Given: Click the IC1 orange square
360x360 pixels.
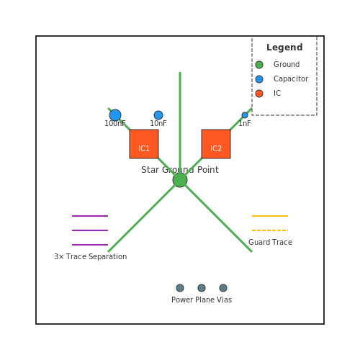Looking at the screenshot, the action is pos(144,144).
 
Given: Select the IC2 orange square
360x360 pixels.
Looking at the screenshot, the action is pos(216,144).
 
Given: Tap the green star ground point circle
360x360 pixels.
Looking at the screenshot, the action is pos(180,180).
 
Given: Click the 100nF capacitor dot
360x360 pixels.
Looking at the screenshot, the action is pos(115,115).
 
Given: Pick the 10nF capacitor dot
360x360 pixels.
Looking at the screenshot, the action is pos(158,115).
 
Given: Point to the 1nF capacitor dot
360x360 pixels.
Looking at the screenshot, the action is pos(245,115).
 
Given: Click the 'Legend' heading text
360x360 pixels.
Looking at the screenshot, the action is pos(284,48).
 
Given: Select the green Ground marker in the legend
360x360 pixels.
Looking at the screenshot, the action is pos(259,65).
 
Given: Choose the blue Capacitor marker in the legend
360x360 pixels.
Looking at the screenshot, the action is pos(259,79).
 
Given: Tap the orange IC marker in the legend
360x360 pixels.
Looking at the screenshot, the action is pos(259,94).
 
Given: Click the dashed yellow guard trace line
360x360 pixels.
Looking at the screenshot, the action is pos(270,230).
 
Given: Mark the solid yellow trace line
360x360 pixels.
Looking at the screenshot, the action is pos(270,216).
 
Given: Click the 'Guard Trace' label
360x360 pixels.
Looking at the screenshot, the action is pos(271,242).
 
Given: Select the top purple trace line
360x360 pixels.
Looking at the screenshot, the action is pos(90,216).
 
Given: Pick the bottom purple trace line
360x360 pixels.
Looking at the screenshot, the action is pos(90,245).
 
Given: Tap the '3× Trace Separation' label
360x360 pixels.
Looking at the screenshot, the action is pos(91,256).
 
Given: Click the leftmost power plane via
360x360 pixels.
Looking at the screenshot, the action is pos(180,288).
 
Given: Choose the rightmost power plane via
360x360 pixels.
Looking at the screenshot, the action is pos(223,288).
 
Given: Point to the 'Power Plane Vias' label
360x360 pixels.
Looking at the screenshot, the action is pos(202,300).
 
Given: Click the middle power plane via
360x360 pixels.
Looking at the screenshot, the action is pos(202,288).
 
